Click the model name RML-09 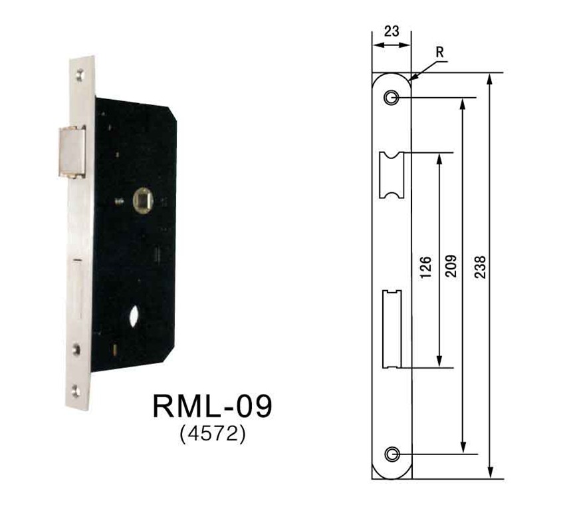click(212, 406)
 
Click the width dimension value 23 click(392, 31)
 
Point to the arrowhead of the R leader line click(412, 78)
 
